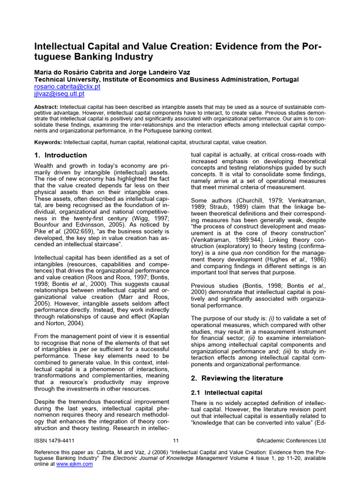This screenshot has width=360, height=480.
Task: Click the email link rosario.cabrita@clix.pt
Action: (x=67, y=87)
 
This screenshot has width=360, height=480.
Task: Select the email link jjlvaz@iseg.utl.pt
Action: (x=60, y=94)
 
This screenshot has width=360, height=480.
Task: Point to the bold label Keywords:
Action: (x=48, y=142)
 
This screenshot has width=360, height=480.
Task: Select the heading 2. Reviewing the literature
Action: (x=237, y=378)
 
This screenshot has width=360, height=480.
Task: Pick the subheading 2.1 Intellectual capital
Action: (x=227, y=392)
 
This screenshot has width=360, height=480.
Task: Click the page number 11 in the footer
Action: (x=176, y=441)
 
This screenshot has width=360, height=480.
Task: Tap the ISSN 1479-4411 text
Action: (x=54, y=441)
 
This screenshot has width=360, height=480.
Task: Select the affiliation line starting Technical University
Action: (x=166, y=80)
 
